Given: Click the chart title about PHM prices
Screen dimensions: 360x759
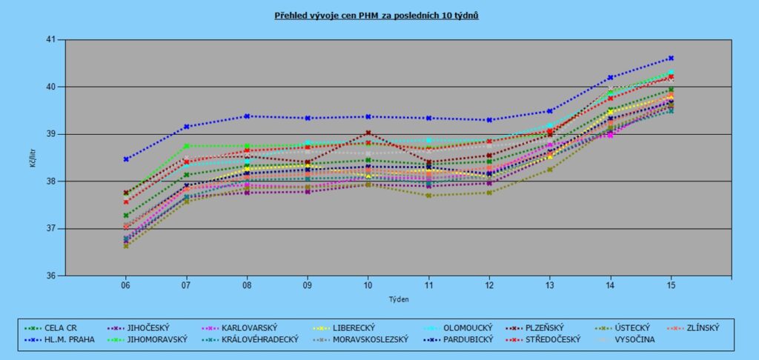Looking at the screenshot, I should point(377,15).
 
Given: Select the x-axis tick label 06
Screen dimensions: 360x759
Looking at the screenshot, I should point(126,285).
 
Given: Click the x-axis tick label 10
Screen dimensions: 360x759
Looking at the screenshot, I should point(368,285).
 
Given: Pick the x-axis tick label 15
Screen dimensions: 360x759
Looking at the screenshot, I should point(670,285).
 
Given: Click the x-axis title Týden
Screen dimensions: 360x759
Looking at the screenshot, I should point(399,299).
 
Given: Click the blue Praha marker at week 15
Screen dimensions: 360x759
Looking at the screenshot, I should point(670,58).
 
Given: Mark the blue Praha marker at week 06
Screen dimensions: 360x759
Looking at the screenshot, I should point(126,159).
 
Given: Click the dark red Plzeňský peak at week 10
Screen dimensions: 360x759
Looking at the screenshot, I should point(368,133).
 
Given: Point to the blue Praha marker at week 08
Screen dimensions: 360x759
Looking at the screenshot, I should point(247,116).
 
